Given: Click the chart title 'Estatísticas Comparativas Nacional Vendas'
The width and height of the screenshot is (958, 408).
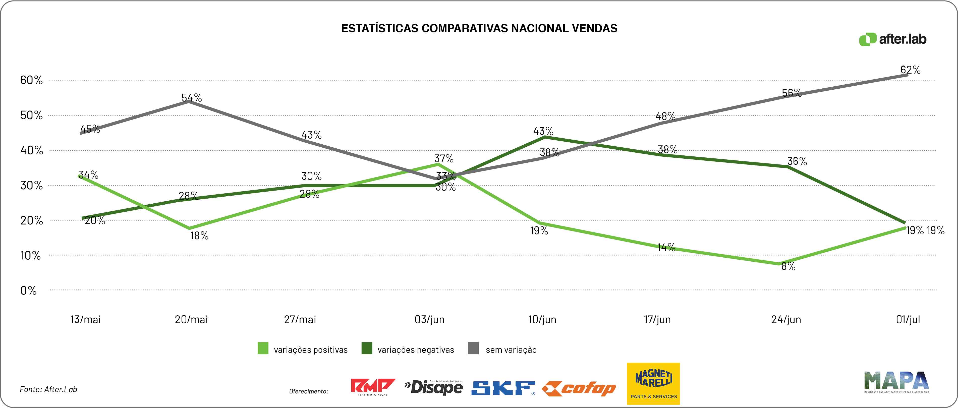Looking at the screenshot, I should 479,28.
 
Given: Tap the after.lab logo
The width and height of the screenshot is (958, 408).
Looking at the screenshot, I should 892,39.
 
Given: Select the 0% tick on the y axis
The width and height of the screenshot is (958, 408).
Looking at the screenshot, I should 29,290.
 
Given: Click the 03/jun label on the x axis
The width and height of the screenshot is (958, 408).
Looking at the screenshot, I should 430,319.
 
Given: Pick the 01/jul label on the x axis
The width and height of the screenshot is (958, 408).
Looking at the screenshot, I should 908,319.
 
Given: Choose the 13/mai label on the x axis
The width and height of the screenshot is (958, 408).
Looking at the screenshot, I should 86,319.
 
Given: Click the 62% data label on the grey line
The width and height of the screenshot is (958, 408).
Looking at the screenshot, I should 910,70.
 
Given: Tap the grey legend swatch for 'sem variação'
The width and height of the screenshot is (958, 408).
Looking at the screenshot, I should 473,348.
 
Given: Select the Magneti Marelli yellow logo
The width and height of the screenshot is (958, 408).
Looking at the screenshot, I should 653,383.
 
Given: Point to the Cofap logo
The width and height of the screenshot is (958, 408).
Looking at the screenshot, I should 579,389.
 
